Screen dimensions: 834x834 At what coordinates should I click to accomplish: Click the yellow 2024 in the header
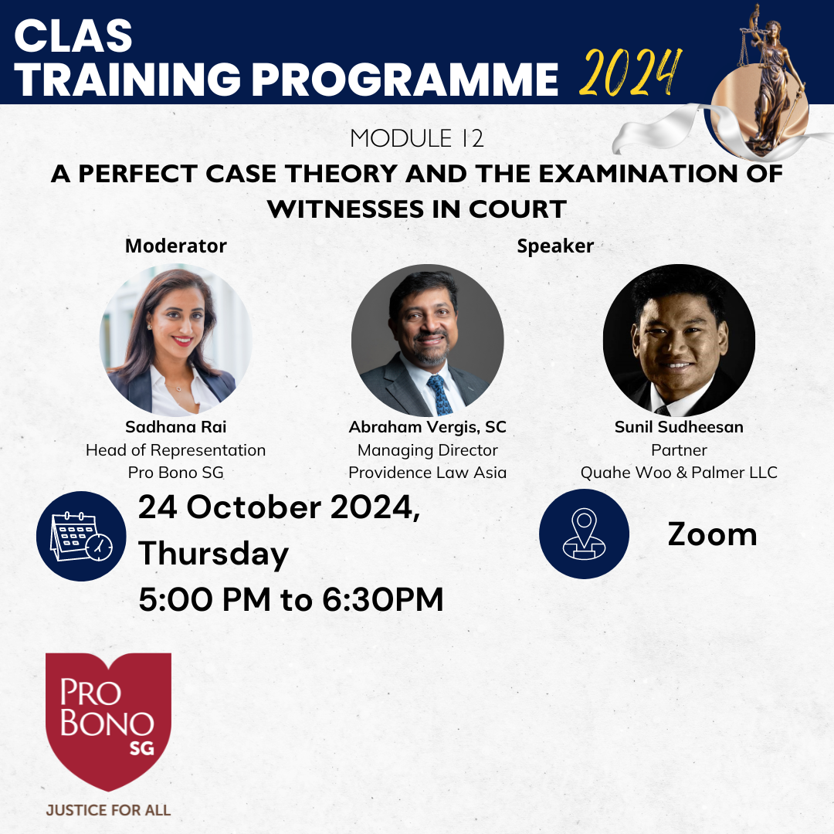click(x=630, y=73)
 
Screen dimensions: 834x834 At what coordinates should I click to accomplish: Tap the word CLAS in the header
click(x=73, y=36)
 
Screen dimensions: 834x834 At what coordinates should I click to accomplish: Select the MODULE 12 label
click(x=417, y=138)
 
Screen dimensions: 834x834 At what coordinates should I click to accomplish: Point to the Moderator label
click(x=175, y=246)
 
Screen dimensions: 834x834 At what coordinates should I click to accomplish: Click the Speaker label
click(x=555, y=246)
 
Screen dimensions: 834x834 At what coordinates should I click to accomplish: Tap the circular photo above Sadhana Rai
click(x=175, y=341)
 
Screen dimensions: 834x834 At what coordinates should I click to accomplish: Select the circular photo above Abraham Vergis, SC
click(x=427, y=341)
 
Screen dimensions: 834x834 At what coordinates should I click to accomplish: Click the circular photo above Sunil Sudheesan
click(x=679, y=341)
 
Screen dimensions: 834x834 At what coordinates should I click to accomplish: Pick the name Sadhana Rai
click(x=175, y=426)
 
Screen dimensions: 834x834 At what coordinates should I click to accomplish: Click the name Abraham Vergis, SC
click(x=427, y=427)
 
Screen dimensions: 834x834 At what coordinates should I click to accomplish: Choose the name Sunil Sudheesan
click(x=679, y=426)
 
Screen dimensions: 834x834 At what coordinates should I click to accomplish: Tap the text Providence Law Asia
click(x=427, y=473)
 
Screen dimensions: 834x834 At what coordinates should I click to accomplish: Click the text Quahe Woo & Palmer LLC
click(x=679, y=473)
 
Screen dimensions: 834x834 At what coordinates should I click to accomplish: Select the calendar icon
click(x=81, y=536)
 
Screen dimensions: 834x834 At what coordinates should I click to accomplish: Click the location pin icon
click(x=584, y=534)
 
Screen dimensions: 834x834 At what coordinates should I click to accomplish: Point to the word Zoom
click(x=712, y=534)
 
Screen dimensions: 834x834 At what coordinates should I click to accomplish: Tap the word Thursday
click(x=213, y=554)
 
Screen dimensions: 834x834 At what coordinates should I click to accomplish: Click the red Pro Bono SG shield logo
click(x=109, y=720)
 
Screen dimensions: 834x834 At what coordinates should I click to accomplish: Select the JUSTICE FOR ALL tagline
click(x=109, y=810)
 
